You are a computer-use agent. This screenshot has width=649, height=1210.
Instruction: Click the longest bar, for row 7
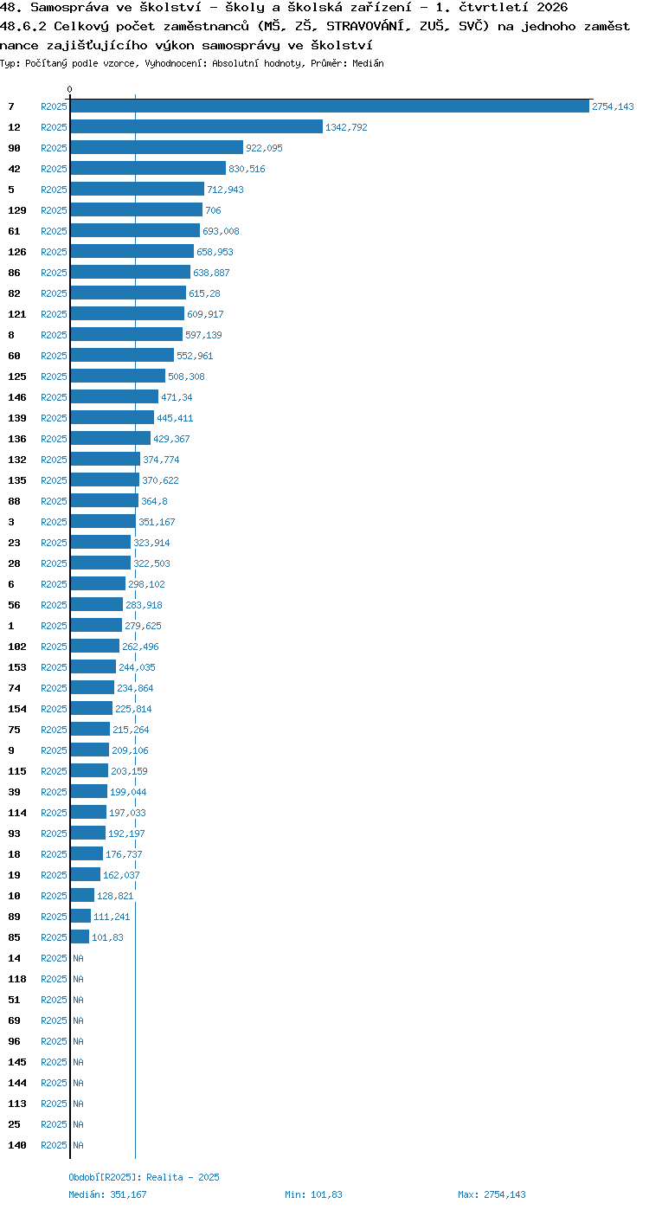pyautogui.click(x=330, y=106)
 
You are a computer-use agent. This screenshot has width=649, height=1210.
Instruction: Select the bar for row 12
pyautogui.click(x=196, y=127)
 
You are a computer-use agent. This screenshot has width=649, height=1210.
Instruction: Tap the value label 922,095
pyautogui.click(x=264, y=148)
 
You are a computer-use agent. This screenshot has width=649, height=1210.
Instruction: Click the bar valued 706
pyautogui.click(x=137, y=210)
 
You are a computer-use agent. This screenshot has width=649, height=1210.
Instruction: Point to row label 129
pyautogui.click(x=17, y=210)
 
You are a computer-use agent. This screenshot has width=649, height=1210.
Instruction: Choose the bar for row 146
pyautogui.click(x=114, y=397)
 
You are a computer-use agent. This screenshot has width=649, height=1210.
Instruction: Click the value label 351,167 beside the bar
pyautogui.click(x=157, y=522)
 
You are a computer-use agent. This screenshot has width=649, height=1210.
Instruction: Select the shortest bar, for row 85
pyautogui.click(x=80, y=937)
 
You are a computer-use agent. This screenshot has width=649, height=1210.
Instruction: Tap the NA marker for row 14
pyautogui.click(x=78, y=958)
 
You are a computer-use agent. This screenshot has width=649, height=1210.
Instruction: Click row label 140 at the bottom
pyautogui.click(x=17, y=1145)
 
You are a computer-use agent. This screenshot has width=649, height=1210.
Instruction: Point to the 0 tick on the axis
pyautogui.click(x=69, y=89)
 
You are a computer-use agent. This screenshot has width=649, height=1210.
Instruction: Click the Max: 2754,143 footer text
pyautogui.click(x=492, y=1194)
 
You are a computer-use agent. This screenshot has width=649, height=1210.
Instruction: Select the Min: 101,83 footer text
pyautogui.click(x=314, y=1194)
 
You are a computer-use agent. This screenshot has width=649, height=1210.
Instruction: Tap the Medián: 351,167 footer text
pyautogui.click(x=107, y=1194)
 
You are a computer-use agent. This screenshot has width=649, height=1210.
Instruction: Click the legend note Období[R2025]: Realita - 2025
pyautogui.click(x=144, y=1177)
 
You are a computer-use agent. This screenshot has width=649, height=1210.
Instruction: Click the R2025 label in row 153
pyautogui.click(x=54, y=667)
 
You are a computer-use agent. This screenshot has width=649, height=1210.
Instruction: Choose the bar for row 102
pyautogui.click(x=95, y=647)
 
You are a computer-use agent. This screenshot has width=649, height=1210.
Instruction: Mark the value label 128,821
pyautogui.click(x=115, y=896)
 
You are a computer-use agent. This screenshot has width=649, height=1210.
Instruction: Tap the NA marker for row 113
pyautogui.click(x=78, y=1104)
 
